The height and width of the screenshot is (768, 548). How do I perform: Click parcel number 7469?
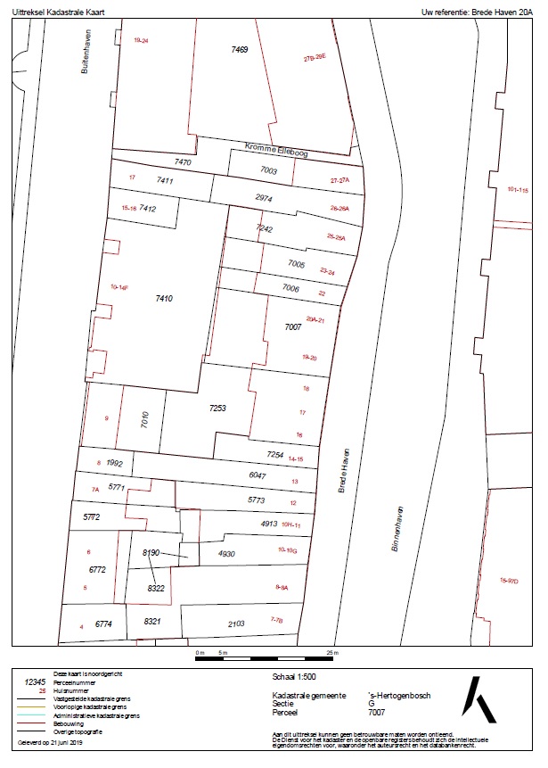239,50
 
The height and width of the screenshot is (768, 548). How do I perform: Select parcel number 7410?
163,298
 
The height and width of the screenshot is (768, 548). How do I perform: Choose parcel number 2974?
263,196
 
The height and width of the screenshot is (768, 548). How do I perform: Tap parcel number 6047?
257,476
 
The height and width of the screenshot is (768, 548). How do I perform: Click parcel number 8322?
156,589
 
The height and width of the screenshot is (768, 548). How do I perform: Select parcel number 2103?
236,624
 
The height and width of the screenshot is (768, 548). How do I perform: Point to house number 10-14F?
119,287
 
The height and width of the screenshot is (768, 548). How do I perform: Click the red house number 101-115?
518,190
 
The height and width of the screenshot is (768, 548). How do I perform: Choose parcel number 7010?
145,420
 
